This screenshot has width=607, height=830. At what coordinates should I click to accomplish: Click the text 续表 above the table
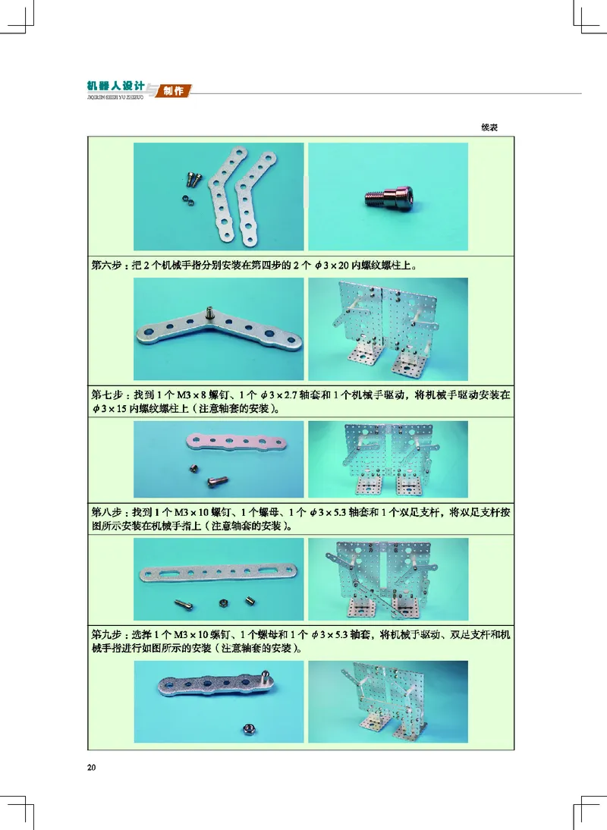(489, 127)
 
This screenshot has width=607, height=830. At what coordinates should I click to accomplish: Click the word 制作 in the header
(174, 91)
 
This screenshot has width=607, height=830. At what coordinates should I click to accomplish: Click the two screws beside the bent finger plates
(194, 180)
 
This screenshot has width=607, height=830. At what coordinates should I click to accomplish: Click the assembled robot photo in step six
(388, 328)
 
